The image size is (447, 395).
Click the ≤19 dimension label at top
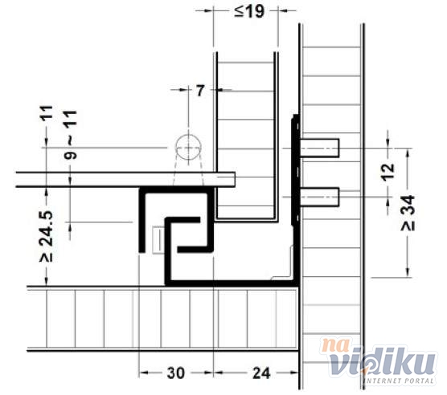click(x=249, y=12)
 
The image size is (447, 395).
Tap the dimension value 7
click(x=200, y=91)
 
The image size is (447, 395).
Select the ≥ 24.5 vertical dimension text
click(x=47, y=236)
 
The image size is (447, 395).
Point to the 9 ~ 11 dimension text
click(x=71, y=135)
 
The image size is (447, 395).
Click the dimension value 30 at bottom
click(x=175, y=373)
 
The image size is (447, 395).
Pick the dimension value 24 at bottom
click(x=261, y=373)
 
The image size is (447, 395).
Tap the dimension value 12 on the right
click(x=388, y=172)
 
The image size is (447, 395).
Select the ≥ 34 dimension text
click(x=408, y=213)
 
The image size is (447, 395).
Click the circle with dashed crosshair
click(x=188, y=148)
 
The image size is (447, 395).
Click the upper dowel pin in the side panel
click(x=319, y=148)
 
